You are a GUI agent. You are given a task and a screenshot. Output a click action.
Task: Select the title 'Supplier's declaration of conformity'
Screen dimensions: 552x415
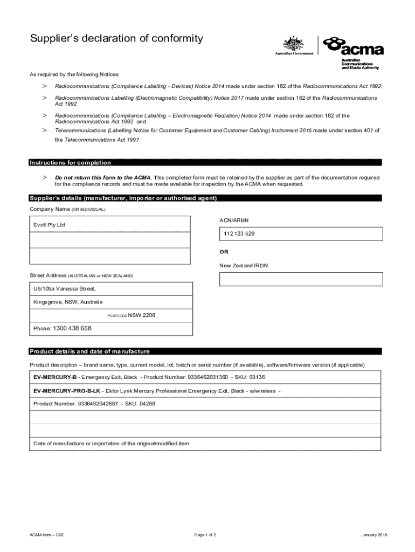pos(116,38)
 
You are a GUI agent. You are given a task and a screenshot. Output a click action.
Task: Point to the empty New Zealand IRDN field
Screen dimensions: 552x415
pos(301,279)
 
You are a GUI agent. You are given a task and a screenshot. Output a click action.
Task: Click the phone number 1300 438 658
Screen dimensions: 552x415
pos(72,328)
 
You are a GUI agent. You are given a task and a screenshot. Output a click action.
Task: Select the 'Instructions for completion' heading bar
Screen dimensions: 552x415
pos(71,163)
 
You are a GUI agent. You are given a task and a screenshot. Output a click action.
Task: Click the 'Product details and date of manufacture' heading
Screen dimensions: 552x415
pos(89,351)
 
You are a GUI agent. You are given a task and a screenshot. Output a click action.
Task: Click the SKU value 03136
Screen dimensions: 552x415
pos(257,377)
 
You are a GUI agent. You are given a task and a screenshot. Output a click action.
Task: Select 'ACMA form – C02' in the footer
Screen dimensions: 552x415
pos(47,535)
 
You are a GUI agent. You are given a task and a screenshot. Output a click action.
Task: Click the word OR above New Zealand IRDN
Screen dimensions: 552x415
pos(224,252)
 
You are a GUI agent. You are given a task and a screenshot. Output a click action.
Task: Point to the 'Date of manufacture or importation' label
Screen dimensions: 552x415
pos(111,443)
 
